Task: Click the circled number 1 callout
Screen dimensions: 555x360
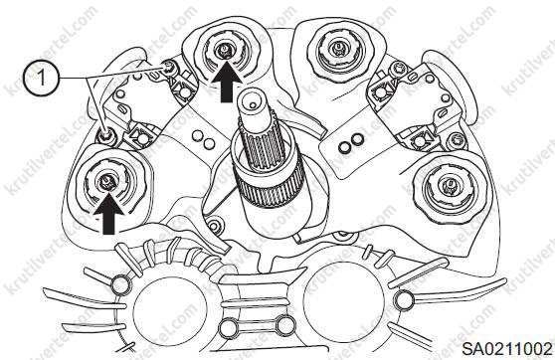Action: [x=41, y=78]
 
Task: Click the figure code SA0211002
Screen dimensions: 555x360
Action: [x=507, y=349]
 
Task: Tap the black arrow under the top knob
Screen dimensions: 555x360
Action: [x=227, y=82]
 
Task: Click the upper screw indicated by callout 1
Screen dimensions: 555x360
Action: [x=168, y=67]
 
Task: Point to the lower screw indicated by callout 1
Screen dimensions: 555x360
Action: [x=105, y=134]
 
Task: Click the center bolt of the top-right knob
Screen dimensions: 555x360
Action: [x=338, y=48]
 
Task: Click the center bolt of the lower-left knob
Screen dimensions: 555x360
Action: [x=105, y=182]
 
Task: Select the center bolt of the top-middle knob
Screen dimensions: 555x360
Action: [x=224, y=49]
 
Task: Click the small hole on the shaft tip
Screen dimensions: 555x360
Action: [x=252, y=104]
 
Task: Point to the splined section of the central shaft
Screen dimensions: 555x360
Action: [x=262, y=148]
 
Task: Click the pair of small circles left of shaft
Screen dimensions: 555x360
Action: [x=203, y=139]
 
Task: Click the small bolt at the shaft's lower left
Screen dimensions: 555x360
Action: [x=214, y=225]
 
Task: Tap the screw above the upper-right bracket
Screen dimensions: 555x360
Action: [x=396, y=71]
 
